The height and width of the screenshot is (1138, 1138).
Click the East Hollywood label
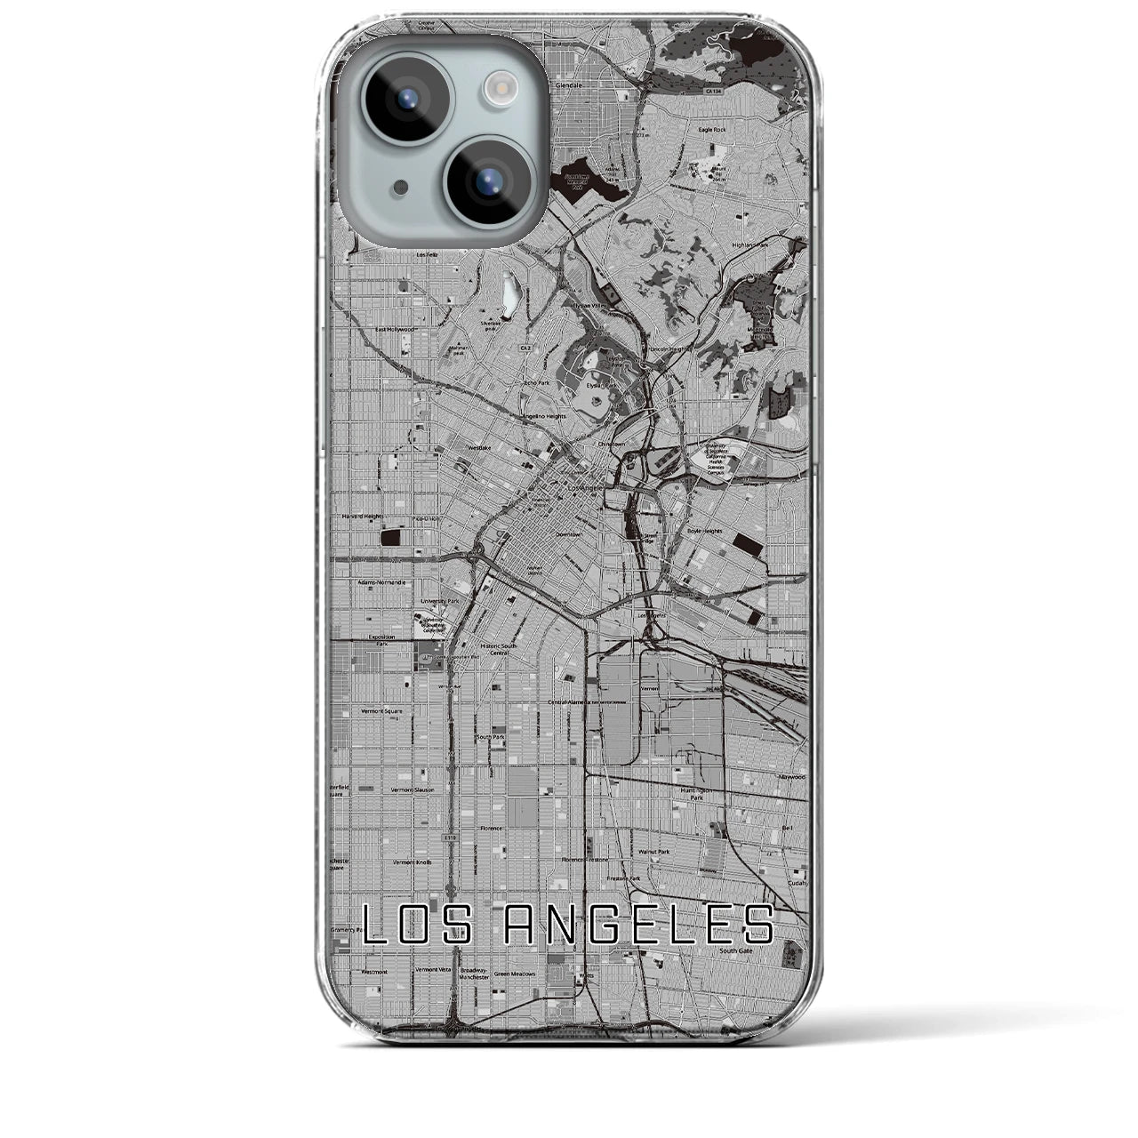click(x=395, y=329)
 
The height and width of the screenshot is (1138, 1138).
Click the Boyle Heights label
click(x=704, y=531)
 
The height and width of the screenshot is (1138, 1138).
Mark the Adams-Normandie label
click(x=381, y=582)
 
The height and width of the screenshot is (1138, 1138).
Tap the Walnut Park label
click(x=653, y=851)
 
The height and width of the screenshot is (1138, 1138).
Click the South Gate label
click(x=736, y=950)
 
